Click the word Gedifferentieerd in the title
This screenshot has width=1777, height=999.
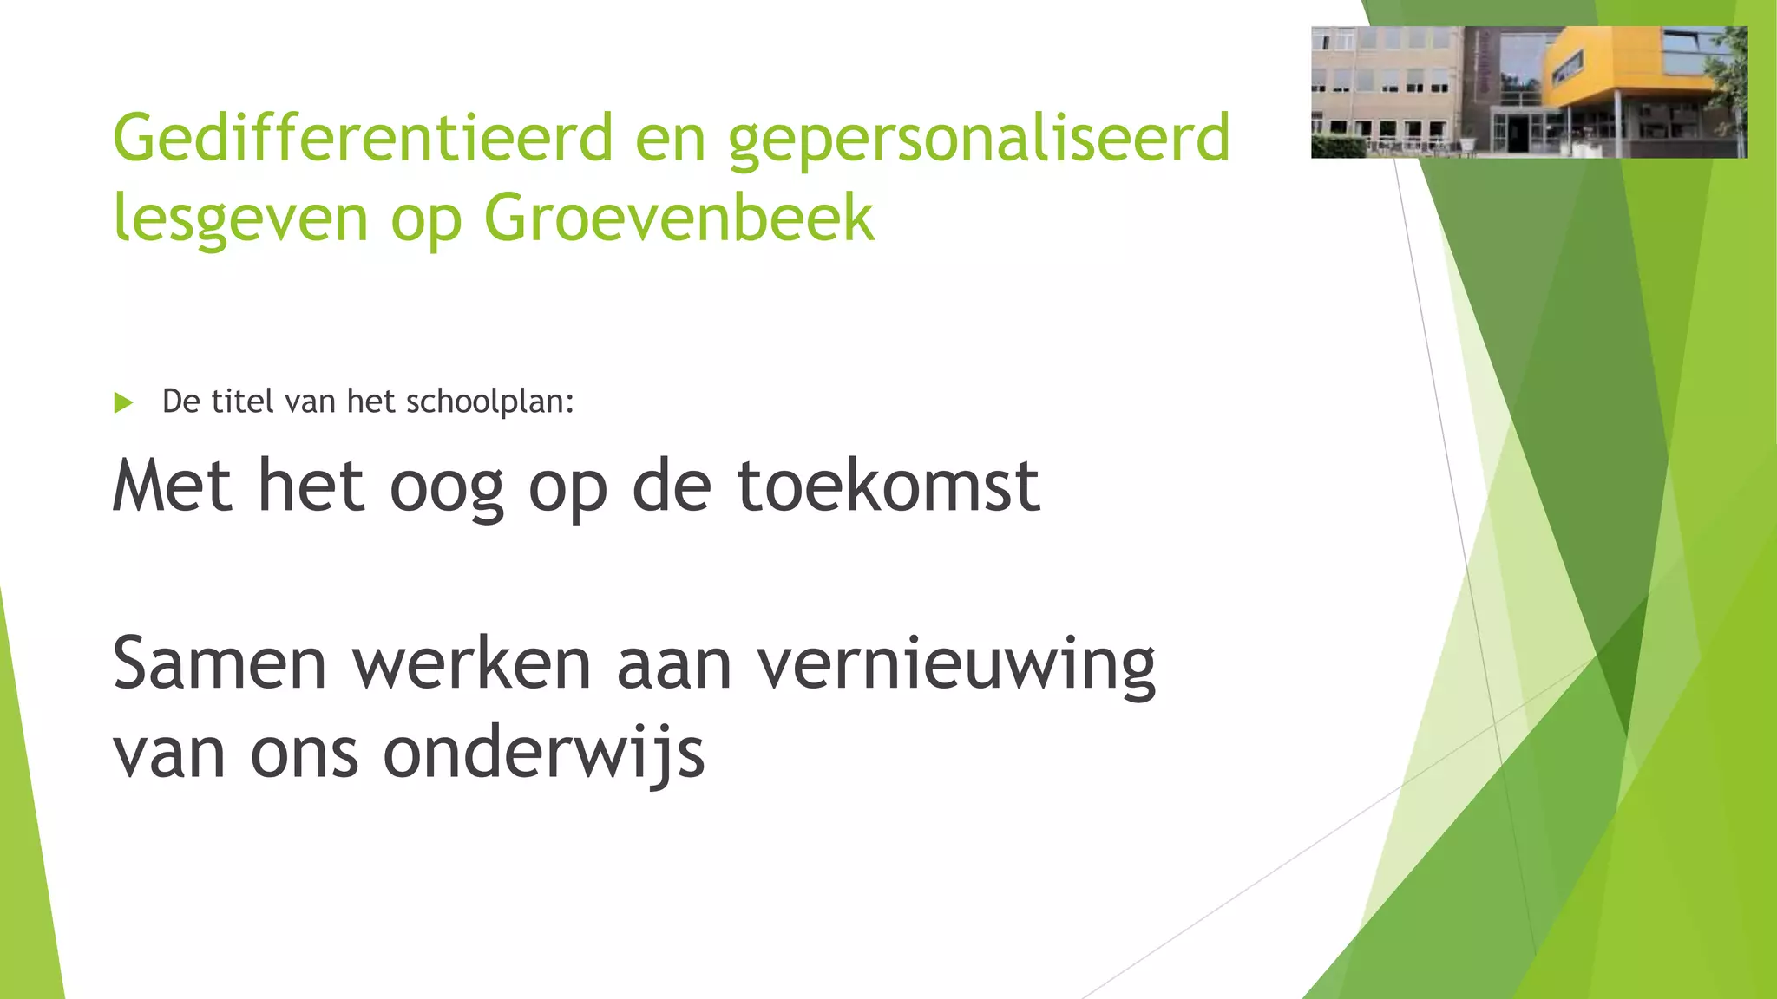[363, 137]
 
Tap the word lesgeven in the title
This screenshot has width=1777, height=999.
[240, 219]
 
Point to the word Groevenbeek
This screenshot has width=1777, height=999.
[679, 217]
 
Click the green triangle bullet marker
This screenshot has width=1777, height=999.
[123, 403]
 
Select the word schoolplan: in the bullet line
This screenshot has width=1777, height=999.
[490, 402]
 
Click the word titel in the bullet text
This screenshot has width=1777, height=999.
[243, 402]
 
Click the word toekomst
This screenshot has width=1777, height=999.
[888, 486]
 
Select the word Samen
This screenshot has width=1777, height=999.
[219, 664]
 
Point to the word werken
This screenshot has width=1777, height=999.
[471, 664]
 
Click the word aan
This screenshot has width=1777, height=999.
[673, 666]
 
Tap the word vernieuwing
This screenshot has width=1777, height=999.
[956, 666]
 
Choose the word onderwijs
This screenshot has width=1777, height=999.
[543, 753]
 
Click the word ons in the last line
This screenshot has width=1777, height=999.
[304, 754]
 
